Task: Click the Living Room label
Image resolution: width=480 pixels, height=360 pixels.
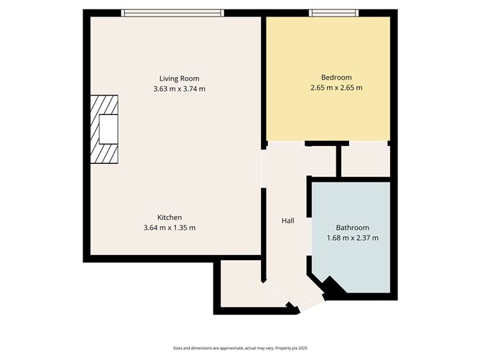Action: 180,78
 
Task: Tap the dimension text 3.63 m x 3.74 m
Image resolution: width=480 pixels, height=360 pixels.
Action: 180,89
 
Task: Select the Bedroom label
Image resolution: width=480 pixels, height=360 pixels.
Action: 336,78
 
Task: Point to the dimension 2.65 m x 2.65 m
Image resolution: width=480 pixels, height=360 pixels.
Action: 336,88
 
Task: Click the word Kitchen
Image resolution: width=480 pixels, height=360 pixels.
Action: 170,217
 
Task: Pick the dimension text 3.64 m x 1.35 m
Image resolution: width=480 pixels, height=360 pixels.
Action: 170,228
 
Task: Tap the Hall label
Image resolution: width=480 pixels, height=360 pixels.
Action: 288,221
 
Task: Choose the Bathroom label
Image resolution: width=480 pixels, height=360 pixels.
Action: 353,228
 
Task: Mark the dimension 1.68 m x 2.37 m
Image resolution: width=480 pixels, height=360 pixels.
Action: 353,238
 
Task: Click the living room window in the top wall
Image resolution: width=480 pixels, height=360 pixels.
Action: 172,13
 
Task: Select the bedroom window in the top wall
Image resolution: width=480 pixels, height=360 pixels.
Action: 333,13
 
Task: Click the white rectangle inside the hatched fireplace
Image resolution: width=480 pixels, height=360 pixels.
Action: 109,129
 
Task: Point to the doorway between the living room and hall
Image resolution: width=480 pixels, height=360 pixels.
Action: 264,169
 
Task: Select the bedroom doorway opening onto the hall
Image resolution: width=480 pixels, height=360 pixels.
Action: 286,144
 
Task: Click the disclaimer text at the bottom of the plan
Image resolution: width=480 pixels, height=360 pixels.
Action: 240,348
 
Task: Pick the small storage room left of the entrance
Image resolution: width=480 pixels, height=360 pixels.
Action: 241,283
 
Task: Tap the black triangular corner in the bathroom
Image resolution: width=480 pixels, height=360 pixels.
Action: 334,287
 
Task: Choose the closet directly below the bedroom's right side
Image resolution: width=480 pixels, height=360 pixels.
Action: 366,162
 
